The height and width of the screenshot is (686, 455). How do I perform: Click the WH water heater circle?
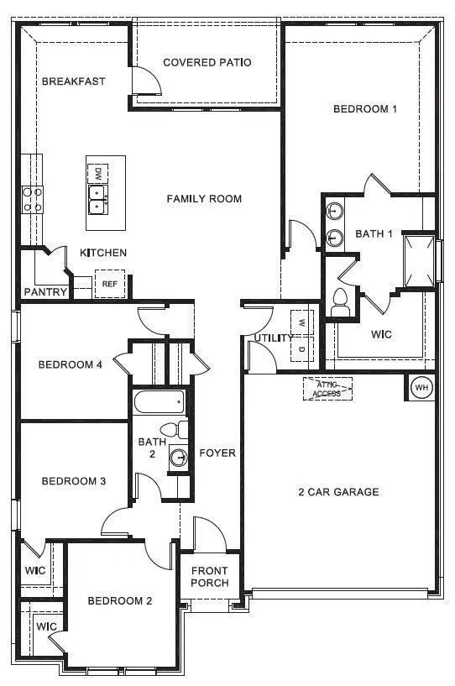pos(421,388)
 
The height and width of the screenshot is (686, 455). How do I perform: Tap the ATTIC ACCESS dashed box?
pos(327,389)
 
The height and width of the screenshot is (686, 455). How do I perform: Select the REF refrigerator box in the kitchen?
pos(109,284)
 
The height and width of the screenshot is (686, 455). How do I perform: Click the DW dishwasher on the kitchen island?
pos(98,172)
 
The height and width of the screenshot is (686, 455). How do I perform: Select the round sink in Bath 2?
pos(177,457)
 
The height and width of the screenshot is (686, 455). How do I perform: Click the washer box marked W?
pos(301,322)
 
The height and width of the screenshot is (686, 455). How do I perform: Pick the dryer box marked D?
pos(301,348)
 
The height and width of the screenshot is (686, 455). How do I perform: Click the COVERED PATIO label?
pos(207,62)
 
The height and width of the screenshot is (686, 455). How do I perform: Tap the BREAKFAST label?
pos(73,81)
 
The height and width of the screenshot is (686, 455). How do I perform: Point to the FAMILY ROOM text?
pos(204,199)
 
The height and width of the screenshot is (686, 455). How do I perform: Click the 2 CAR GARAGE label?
pos(339,492)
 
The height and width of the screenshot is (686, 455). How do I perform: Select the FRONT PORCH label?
pos(210,577)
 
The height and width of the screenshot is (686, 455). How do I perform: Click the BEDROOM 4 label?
pos(71,364)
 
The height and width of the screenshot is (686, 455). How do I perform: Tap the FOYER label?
pos(217,453)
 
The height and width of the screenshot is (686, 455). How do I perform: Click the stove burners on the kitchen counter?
pos(33,198)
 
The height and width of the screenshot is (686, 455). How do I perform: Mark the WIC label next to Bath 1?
pos(381,334)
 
